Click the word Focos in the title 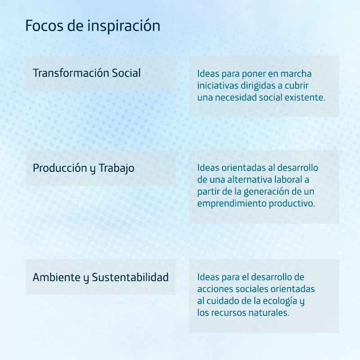pos(44,26)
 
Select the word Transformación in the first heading pos(71,73)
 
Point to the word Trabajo pos(117,168)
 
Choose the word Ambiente pos(57,277)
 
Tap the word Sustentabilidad pos(130,277)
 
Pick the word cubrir pos(297,85)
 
